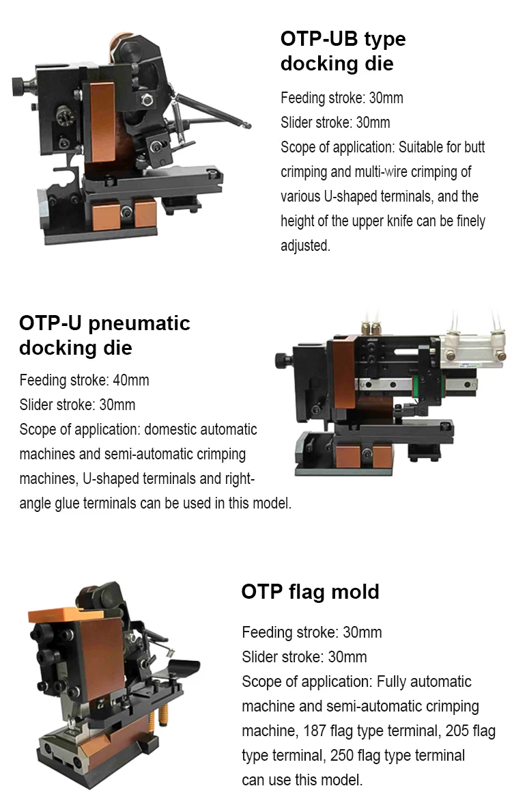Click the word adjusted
[305, 245]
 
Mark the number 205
[457, 731]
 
